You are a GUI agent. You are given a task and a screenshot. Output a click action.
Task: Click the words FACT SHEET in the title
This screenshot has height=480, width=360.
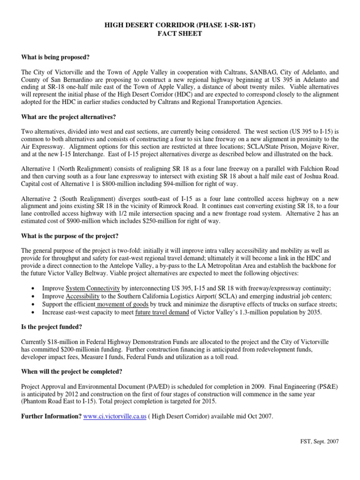point(180,34)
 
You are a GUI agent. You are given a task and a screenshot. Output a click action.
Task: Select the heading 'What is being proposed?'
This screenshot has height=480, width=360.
point(55,57)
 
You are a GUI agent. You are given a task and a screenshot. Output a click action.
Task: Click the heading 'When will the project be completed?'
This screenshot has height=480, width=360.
point(72,372)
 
